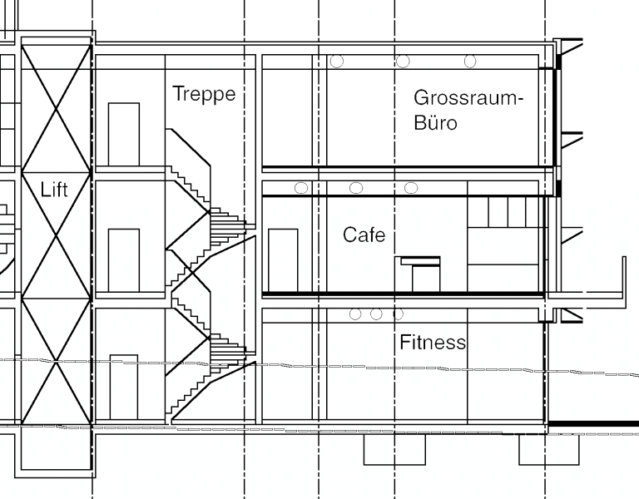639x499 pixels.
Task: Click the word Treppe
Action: [204, 95]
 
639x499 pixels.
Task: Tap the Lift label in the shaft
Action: [54, 190]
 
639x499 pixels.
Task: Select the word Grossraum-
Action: [468, 98]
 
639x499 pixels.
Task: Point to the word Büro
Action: [435, 122]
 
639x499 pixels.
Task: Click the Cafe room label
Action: [364, 235]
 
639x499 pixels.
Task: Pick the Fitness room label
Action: [433, 342]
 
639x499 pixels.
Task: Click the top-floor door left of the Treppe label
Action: [124, 135]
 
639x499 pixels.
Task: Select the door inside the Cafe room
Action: [283, 260]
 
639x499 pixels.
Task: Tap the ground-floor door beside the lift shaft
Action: [124, 388]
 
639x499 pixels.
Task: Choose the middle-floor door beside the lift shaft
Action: [124, 260]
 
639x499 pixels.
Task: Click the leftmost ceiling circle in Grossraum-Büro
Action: [337, 61]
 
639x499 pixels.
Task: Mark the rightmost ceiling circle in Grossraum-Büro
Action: [470, 61]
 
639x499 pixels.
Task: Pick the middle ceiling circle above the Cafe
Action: [356, 188]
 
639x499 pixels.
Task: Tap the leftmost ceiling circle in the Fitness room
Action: [355, 314]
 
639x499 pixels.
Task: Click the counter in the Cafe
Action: [418, 274]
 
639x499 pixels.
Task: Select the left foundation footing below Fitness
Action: [394, 449]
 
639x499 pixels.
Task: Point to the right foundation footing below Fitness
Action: [549, 449]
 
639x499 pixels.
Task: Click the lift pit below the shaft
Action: [56, 450]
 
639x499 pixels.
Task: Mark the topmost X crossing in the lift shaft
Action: [56, 109]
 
